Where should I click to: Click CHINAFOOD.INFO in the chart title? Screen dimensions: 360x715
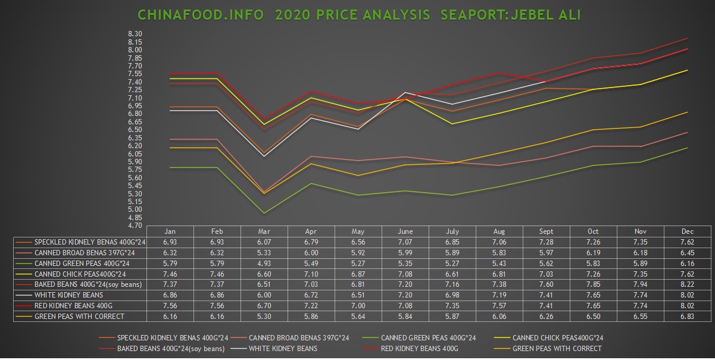pos(200,14)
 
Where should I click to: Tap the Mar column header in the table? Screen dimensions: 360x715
pos(264,231)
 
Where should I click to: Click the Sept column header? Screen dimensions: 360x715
pos(546,231)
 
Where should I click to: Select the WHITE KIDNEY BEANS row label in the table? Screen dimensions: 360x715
pos(69,295)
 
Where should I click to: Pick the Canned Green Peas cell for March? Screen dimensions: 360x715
pos(264,263)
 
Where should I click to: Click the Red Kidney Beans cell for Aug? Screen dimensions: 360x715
pos(499,306)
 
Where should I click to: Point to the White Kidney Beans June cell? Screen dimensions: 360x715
pos(405,295)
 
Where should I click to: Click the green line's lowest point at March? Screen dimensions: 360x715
pos(264,213)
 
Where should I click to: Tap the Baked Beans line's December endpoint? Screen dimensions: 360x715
pos(687,39)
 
